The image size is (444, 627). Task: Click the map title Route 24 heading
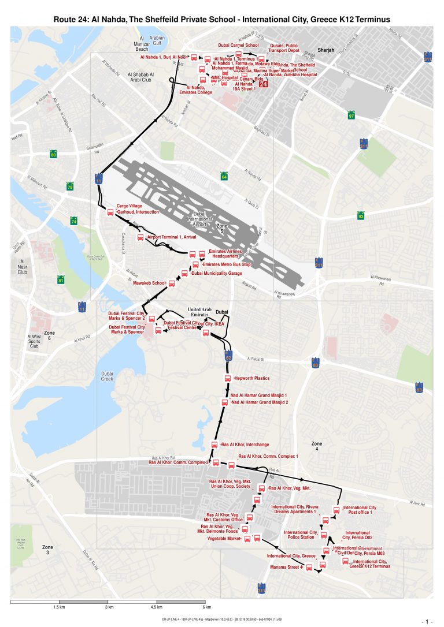[x=222, y=19]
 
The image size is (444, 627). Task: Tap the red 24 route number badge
[x=263, y=84]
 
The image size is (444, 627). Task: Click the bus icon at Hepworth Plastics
[x=228, y=379]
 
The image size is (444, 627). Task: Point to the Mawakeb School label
[x=150, y=283]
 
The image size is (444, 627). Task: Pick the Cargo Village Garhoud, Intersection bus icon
[x=110, y=212]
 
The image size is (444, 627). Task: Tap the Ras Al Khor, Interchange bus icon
[x=214, y=445]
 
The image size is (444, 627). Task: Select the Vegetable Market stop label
[x=223, y=539]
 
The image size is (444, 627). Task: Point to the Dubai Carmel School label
[x=238, y=44]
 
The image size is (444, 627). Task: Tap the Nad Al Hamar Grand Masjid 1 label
[x=258, y=395]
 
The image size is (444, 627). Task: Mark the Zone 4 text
[x=317, y=446]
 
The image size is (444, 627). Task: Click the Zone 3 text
[x=48, y=550]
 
